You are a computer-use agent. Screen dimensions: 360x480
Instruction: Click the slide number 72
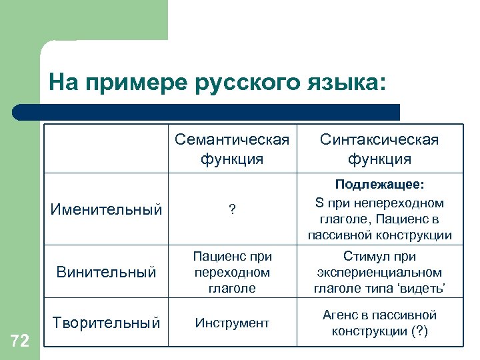(20, 341)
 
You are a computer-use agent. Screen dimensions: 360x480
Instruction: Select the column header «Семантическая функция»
(232, 149)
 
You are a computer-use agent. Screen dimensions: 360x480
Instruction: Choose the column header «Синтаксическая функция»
(379, 149)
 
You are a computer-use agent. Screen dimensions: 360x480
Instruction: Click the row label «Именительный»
(107, 210)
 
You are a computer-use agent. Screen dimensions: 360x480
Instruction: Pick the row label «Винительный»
(107, 272)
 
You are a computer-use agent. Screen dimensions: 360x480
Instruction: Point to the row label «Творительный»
(107, 323)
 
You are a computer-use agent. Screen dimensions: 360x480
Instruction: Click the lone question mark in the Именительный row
(232, 210)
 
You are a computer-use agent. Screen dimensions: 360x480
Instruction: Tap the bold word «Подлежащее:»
(380, 184)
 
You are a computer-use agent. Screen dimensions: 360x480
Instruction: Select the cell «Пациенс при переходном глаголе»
(232, 272)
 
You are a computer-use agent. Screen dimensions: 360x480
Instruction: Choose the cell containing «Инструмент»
(232, 323)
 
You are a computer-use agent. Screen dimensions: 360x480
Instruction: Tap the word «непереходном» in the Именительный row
(401, 203)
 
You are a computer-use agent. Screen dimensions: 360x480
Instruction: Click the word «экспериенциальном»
(379, 272)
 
